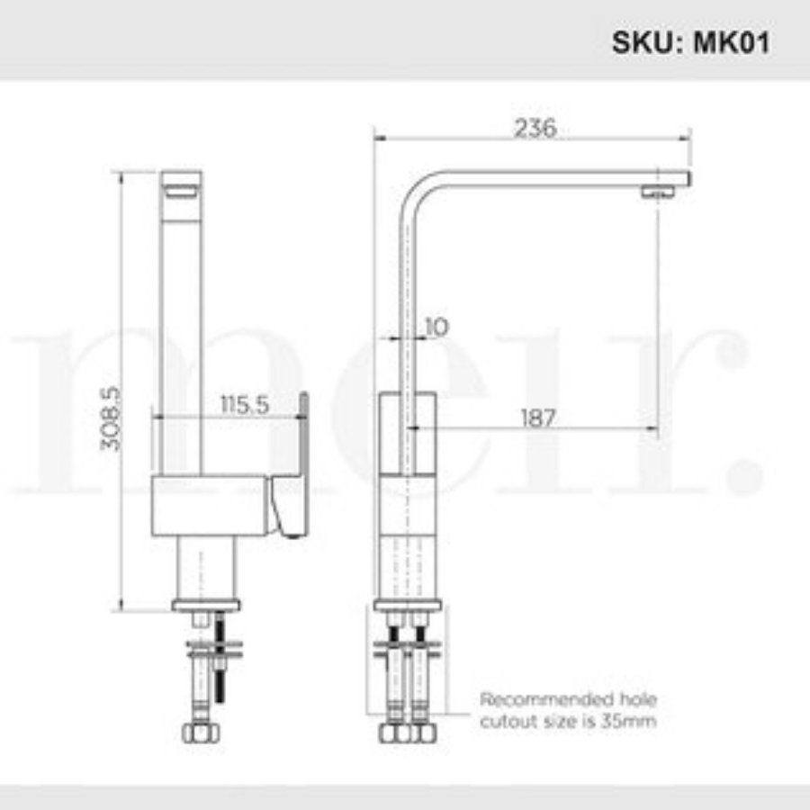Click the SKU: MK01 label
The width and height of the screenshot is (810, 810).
point(690,42)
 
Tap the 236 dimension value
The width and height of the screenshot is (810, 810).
point(535,129)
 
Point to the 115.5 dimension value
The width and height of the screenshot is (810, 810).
point(245,404)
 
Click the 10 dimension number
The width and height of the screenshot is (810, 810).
point(435,327)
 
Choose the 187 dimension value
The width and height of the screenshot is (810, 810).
point(537,418)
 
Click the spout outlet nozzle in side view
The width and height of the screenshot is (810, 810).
point(658,192)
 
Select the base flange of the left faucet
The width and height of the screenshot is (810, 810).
point(208,605)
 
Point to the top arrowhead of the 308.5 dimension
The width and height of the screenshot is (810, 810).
point(123,175)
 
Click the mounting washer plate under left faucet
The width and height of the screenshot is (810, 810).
point(214,644)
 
